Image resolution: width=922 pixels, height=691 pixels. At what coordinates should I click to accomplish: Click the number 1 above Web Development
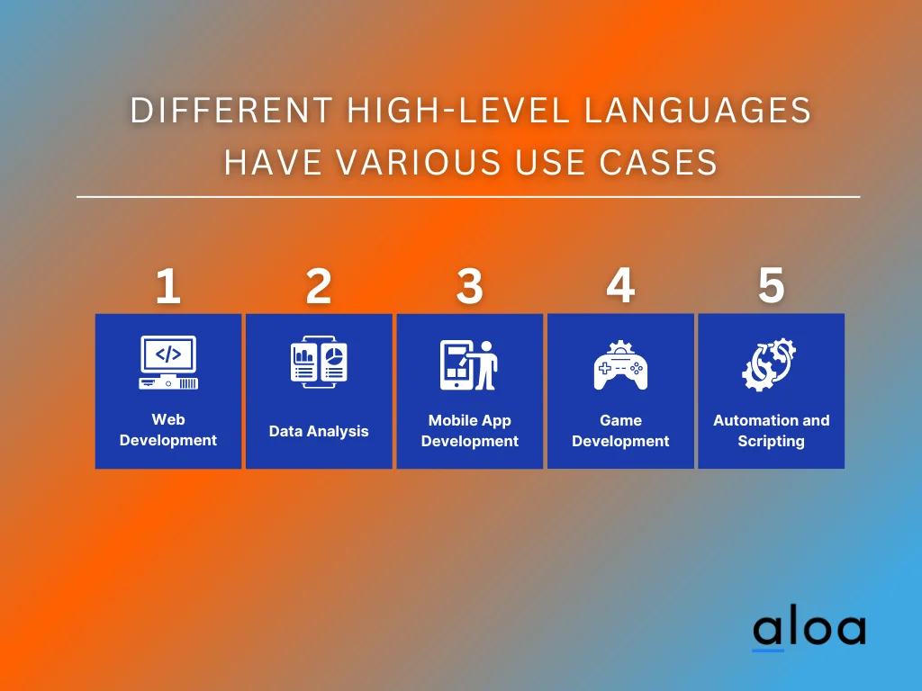pyautogui.click(x=167, y=287)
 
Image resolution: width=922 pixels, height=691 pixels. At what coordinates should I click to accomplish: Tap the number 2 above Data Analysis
pyautogui.click(x=319, y=287)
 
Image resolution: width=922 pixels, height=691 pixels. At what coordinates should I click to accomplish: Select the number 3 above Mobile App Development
pyautogui.click(x=469, y=287)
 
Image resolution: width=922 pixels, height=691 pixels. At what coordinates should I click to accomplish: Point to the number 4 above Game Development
pyautogui.click(x=620, y=286)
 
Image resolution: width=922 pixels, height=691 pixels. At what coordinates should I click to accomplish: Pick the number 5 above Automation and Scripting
pyautogui.click(x=771, y=286)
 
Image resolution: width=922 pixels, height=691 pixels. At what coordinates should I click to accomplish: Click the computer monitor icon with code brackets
pyautogui.click(x=168, y=363)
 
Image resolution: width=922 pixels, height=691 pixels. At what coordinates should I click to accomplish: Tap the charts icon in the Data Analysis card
pyautogui.click(x=319, y=364)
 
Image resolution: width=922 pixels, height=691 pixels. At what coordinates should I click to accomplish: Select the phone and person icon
pyautogui.click(x=469, y=364)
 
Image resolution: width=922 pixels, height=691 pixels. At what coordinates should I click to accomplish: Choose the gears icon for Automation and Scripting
pyautogui.click(x=770, y=364)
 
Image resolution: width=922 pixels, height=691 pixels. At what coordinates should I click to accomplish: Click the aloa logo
pyautogui.click(x=809, y=630)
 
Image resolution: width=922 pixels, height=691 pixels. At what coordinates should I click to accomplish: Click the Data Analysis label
pyautogui.click(x=319, y=431)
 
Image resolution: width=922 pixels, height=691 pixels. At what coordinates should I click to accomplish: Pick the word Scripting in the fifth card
pyautogui.click(x=771, y=441)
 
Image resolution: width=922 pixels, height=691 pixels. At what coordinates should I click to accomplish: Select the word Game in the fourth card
pyautogui.click(x=620, y=420)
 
